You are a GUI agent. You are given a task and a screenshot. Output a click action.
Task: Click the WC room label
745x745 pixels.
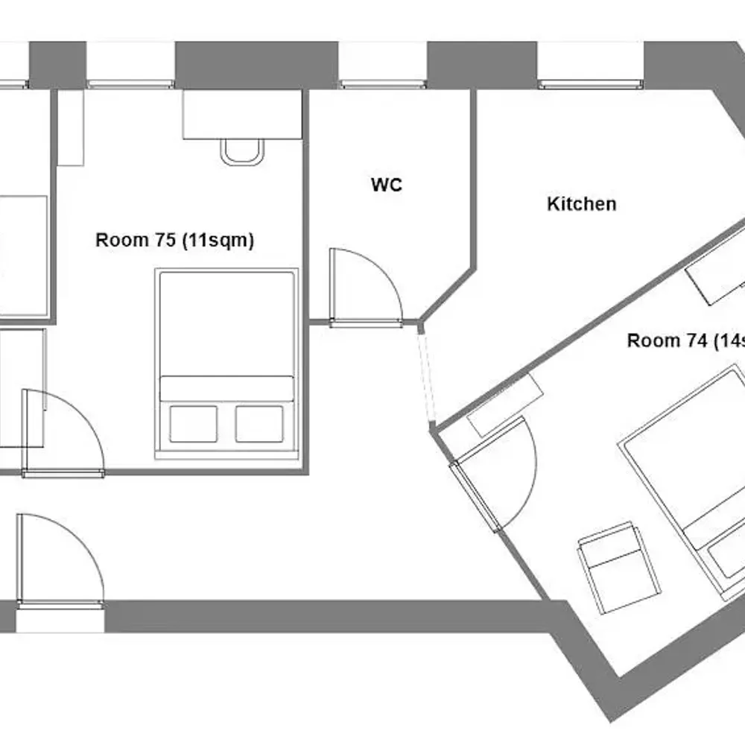click(387, 185)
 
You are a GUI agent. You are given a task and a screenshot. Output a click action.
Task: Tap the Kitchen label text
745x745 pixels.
click(582, 203)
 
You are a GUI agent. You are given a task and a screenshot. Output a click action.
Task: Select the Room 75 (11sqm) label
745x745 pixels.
click(175, 241)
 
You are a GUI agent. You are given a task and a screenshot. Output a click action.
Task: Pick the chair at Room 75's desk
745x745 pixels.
click(241, 151)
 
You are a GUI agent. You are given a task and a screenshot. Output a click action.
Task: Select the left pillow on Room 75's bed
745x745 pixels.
click(193, 424)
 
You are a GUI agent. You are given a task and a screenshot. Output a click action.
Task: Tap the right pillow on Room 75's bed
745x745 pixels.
click(259, 424)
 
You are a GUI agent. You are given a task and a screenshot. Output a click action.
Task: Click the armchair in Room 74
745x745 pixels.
click(618, 566)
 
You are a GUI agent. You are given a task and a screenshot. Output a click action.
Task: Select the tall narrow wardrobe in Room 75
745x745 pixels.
click(70, 128)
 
